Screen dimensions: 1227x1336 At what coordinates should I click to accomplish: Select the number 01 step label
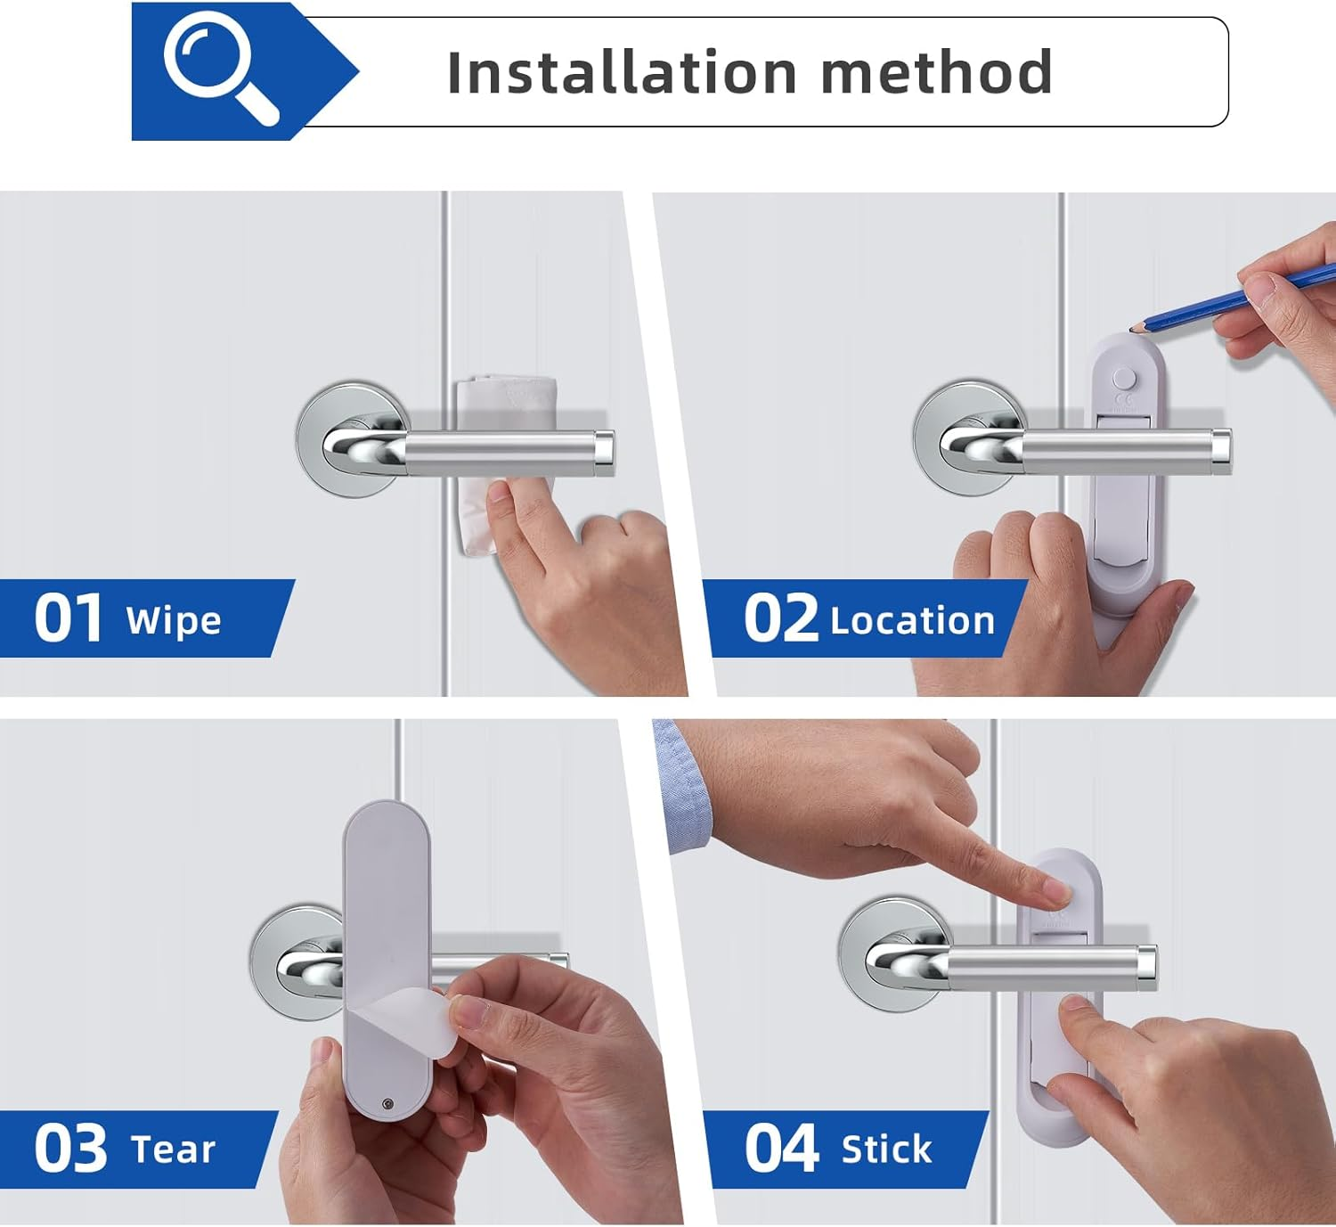68,619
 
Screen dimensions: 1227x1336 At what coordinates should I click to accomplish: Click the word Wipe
174,621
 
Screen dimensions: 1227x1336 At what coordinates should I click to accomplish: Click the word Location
912,621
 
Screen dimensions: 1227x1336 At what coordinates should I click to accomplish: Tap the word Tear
173,1149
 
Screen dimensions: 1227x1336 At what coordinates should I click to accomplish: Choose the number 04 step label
780,1149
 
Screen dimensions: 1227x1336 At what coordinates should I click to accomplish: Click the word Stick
886,1149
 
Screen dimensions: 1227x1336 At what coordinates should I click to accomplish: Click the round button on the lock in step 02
1125,379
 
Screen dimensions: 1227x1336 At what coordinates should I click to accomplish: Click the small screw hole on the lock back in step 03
387,1105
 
